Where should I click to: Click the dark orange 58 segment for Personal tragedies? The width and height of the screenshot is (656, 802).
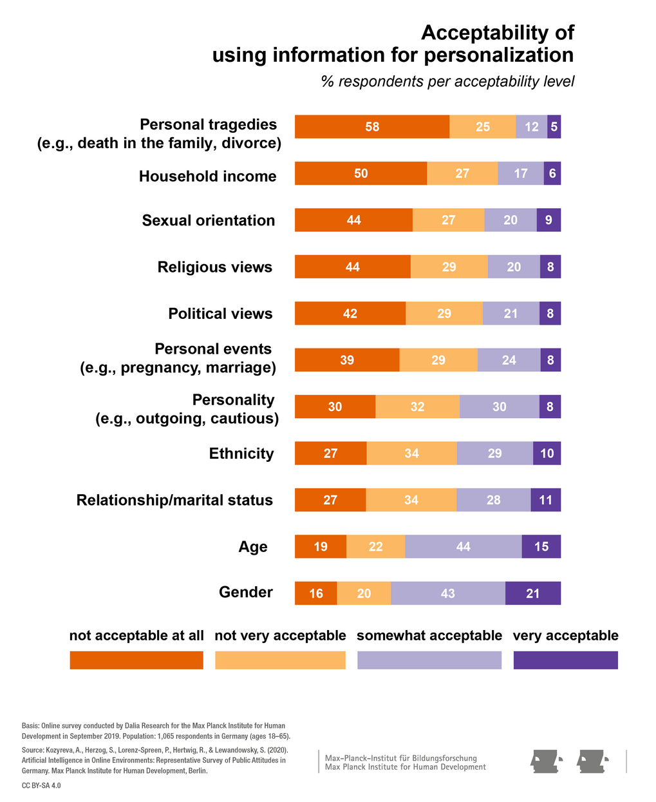[372, 127]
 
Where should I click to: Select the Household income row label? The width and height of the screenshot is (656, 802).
[207, 177]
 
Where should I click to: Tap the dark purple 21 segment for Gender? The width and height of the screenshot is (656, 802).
[532, 593]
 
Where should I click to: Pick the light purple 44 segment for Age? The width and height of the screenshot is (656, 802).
[463, 547]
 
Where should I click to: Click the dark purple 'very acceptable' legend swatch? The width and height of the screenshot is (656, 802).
[565, 660]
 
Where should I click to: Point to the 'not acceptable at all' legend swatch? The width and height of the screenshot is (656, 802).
[136, 660]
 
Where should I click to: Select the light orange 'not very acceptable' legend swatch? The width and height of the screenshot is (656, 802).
[280, 660]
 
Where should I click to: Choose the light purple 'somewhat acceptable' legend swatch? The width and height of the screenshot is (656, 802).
[429, 660]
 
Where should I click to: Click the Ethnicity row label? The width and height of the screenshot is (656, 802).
[241, 454]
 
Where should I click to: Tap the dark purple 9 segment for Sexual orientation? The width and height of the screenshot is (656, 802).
[548, 220]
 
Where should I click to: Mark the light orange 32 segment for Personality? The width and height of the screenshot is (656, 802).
[417, 407]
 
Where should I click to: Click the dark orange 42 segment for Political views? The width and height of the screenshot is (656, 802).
[350, 314]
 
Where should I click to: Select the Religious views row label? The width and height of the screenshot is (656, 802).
[215, 267]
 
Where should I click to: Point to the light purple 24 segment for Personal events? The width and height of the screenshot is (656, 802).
[509, 360]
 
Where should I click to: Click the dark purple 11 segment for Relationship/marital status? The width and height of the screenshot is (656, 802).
[545, 501]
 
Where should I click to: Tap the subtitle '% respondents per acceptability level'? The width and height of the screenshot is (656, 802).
[447, 82]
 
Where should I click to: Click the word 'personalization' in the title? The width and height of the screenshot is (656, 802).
[489, 55]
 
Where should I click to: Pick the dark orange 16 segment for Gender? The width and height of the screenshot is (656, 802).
[315, 593]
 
